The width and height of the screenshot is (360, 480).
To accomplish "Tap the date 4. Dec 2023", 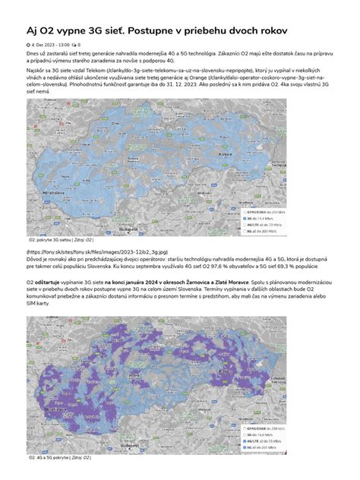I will pyautogui.click(x=50, y=45).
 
